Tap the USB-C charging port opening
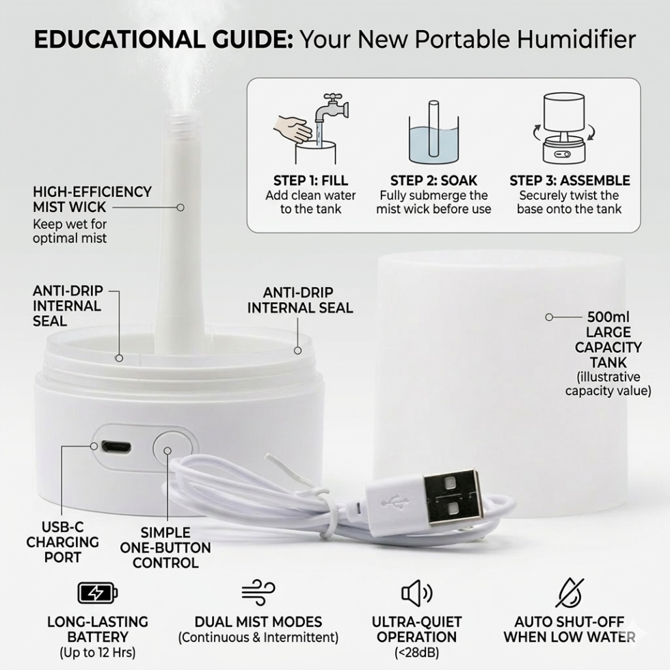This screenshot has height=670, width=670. [116, 447]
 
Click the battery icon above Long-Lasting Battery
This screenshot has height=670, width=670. [97, 593]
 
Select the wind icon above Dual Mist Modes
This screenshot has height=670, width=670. [258, 593]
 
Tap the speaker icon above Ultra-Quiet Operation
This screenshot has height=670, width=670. [416, 593]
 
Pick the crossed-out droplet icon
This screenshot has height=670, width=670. [569, 593]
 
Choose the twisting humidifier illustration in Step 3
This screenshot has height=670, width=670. [563, 129]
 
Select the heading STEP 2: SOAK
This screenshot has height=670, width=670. [433, 180]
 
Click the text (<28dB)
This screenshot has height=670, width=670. [416, 652]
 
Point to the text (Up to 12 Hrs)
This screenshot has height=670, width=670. [97, 652]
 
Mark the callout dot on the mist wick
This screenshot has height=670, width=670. [180, 207]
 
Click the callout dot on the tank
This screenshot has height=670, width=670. [549, 317]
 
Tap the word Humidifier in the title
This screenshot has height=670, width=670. [576, 40]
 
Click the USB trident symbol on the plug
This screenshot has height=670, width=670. [390, 502]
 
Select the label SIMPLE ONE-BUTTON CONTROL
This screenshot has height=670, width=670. [165, 548]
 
